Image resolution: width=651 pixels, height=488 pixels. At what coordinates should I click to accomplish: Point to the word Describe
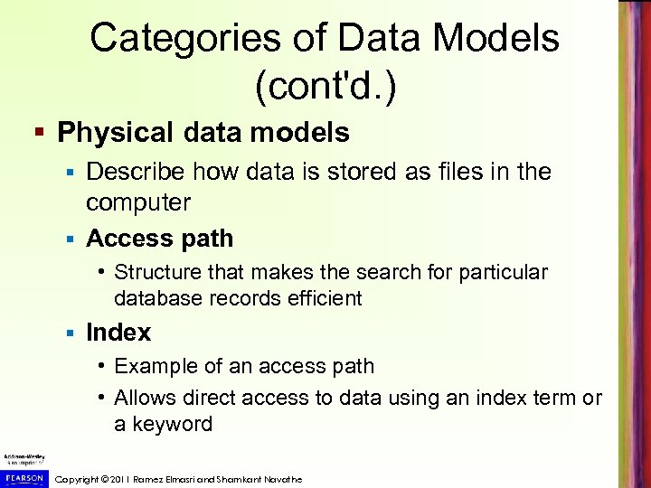(136, 172)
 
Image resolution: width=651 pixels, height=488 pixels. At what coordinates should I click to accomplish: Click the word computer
(138, 202)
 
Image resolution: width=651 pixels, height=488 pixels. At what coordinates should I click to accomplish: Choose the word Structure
(160, 272)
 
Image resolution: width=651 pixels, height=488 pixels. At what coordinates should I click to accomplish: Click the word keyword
(174, 424)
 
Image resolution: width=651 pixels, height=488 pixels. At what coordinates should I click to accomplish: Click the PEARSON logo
(23, 478)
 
